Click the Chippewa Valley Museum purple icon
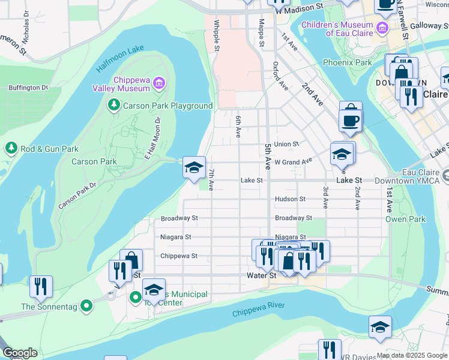(x=159, y=82)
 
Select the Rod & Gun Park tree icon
(x=11, y=148)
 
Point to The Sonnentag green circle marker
(x=87, y=306)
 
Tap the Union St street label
(x=286, y=145)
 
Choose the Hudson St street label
(x=290, y=199)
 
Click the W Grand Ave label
(x=294, y=161)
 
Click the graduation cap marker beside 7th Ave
(x=194, y=168)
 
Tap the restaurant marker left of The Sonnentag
(x=41, y=287)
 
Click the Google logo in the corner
(x=20, y=353)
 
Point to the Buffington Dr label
(x=28, y=88)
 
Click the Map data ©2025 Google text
(x=412, y=355)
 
